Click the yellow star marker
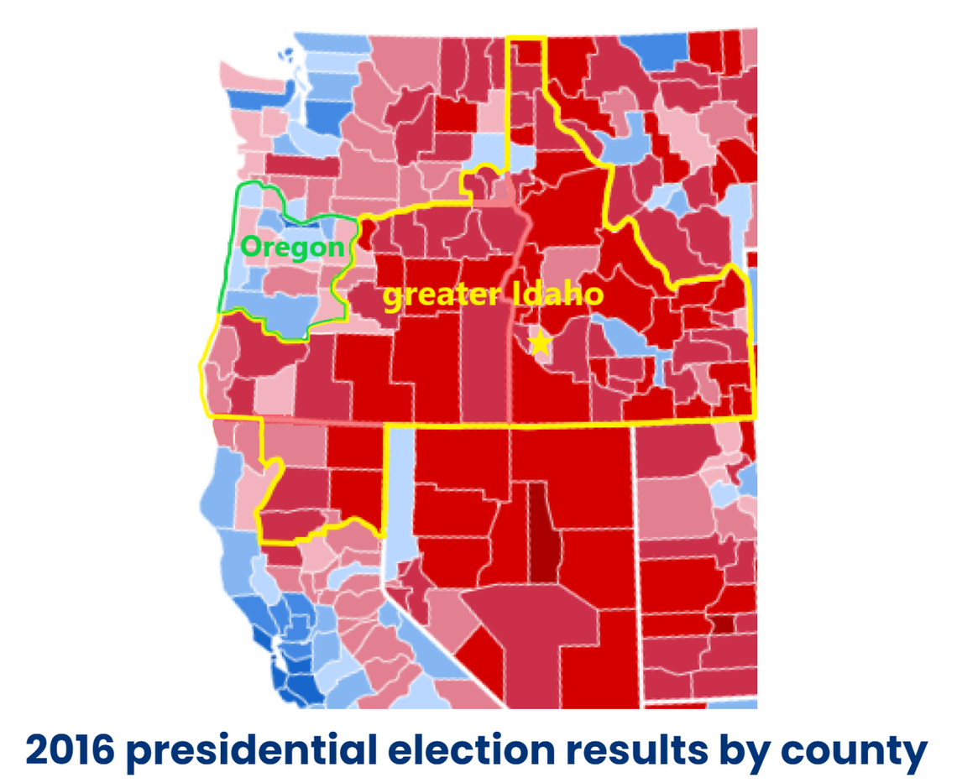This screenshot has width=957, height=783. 539,342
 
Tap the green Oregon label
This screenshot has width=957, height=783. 292,248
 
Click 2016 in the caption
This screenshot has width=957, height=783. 70,750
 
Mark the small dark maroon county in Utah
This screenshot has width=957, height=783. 721,623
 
